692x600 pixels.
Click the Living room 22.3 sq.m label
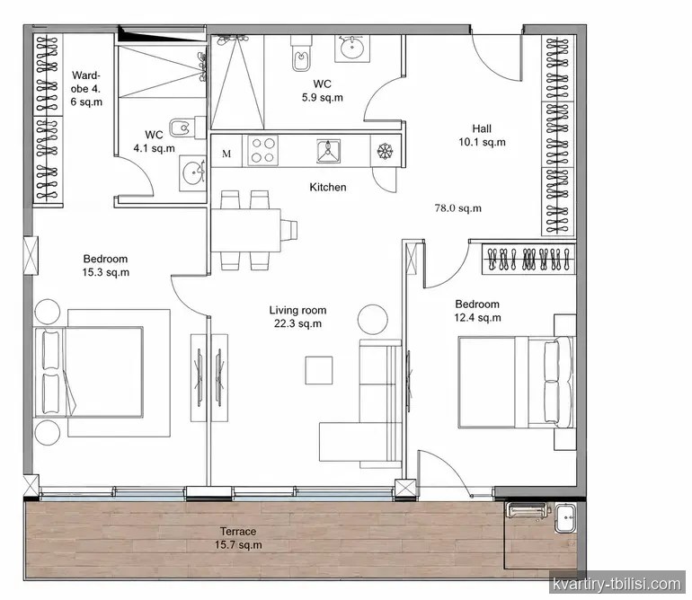pos(297,317)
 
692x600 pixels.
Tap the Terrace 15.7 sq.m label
pos(238,538)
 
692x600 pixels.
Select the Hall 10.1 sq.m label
pos(482,136)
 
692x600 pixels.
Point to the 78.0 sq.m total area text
pos(458,208)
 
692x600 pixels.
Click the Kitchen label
pos(328,187)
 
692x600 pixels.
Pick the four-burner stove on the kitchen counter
pos(263,150)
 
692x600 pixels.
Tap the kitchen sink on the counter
pos(328,151)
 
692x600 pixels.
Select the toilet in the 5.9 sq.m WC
pos(301,52)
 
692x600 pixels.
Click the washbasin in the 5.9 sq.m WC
pos(352,48)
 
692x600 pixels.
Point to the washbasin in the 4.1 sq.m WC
pos(193,173)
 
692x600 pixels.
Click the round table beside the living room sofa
pos(373,320)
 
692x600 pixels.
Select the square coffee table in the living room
pos(319,371)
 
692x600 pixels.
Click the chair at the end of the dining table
pos(288,230)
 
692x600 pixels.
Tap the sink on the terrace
pos(565,517)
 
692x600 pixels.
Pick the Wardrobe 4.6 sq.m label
pos(86,89)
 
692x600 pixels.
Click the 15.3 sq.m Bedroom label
pos(106,266)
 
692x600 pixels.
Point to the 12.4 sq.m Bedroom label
pos(477,311)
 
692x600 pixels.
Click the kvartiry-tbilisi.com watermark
pos(617,585)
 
